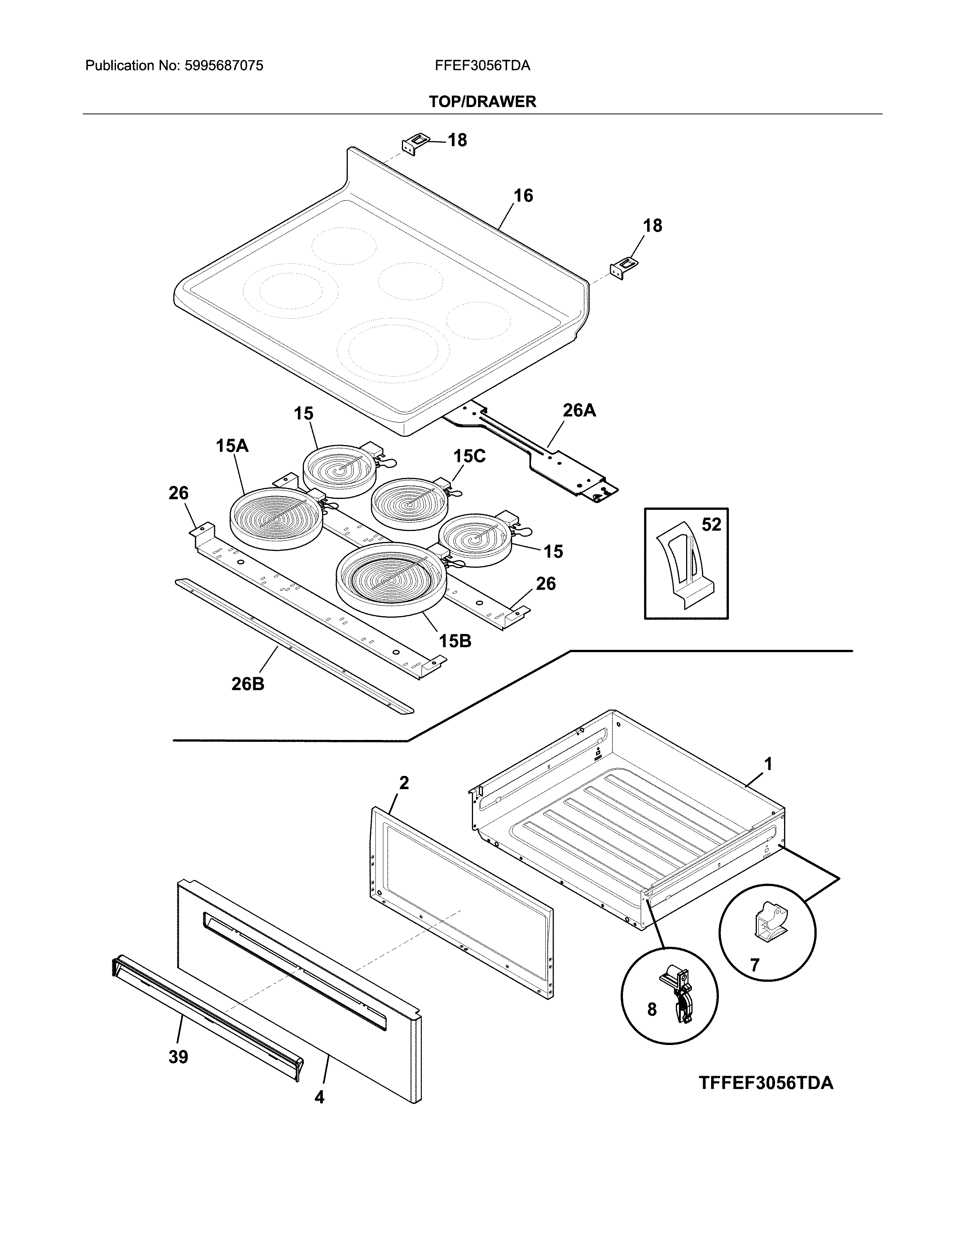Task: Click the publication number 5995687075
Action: [x=224, y=66]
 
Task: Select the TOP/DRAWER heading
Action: [x=482, y=102]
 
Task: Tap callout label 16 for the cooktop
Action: [x=523, y=196]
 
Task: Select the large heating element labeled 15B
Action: [x=391, y=579]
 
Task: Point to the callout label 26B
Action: [x=247, y=684]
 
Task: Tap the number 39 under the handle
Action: [x=178, y=1057]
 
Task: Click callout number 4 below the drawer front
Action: [x=319, y=1097]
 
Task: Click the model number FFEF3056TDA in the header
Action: [x=482, y=66]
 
